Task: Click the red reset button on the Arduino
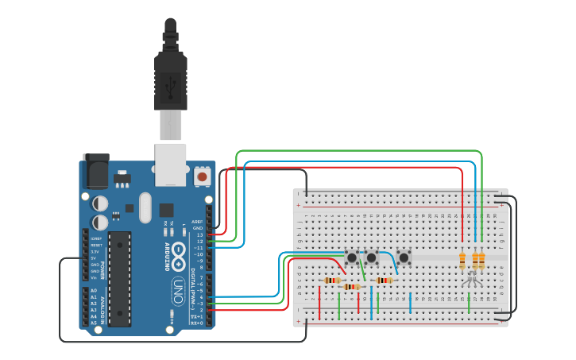pos(202,176)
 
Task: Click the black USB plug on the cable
pos(171,75)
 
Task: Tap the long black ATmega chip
pos(119,278)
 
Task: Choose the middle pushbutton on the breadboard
pos(372,257)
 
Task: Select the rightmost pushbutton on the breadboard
pos(404,257)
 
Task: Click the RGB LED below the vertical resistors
pos(470,278)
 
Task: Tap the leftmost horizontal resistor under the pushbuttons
pos(334,280)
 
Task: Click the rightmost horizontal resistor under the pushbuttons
pos(385,280)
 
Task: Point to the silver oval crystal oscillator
pos(144,208)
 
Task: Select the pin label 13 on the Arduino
pos(199,234)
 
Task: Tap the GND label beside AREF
pos(198,228)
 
